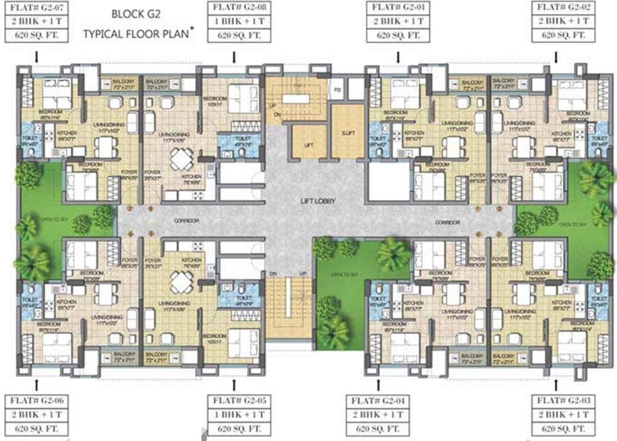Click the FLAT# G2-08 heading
tap(234, 8)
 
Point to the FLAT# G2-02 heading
tap(561, 8)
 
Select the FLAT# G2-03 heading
tap(561, 400)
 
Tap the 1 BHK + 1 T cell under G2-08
tap(234, 22)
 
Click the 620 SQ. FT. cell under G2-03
tap(561, 428)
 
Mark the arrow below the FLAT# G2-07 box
tap(36, 57)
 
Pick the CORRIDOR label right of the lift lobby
tap(448, 222)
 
